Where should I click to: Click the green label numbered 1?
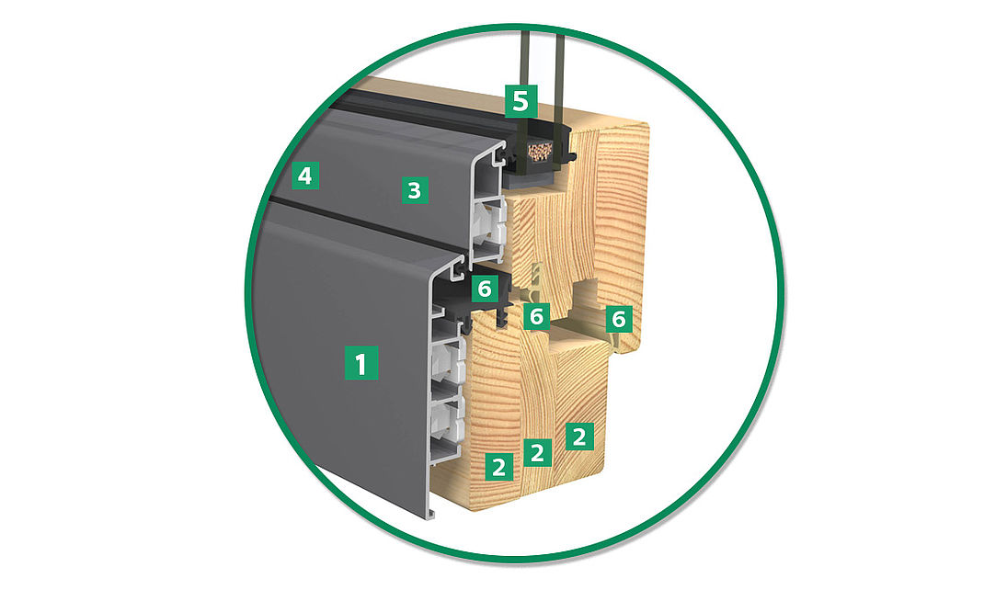point(360,362)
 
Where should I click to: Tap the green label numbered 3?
point(415,189)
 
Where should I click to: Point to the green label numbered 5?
point(521,101)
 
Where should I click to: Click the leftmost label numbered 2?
point(498,467)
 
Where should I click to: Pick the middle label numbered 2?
point(537,451)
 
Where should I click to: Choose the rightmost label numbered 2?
point(579,437)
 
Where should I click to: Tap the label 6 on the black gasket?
point(485,289)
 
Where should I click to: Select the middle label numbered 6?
point(536,316)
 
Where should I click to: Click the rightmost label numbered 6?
point(619,319)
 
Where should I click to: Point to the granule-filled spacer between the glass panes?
point(540,151)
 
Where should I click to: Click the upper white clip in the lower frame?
point(448,359)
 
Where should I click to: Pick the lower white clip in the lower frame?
point(447,416)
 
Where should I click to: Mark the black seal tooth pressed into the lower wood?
point(502,319)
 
